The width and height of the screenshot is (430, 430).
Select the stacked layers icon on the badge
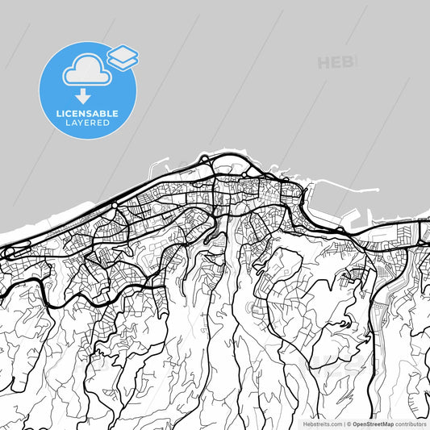(x=123, y=56)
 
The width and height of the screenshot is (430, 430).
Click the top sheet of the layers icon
(x=123, y=52)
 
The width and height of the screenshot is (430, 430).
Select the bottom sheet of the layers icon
(x=123, y=61)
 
